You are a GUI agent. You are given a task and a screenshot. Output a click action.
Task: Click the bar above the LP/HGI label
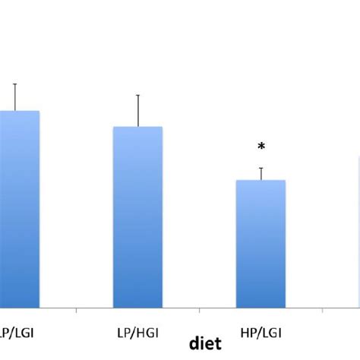coord(137,216)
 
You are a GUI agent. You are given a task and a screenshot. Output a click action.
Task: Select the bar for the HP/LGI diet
coord(261,243)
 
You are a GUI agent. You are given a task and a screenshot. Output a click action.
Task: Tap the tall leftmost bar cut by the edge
coord(19,209)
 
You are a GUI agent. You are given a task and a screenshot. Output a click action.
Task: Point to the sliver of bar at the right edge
coord(358,228)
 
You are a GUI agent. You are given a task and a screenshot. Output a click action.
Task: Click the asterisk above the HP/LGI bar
coord(261,147)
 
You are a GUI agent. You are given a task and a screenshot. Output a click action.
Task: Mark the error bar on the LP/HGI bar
coord(137,111)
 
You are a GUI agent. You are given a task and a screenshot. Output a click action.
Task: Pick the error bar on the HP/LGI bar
coord(261,174)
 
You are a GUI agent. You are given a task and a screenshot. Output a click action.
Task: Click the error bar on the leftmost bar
coord(14,97)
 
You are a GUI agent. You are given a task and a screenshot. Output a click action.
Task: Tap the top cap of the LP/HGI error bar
coord(137,95)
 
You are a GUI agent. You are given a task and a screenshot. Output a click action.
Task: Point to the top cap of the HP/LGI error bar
coord(261,168)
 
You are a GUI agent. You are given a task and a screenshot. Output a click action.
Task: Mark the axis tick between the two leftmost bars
coord(76,311)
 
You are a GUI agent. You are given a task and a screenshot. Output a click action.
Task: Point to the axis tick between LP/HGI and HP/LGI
coord(199,311)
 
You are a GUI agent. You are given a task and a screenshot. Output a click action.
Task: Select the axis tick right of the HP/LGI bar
coord(323,311)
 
